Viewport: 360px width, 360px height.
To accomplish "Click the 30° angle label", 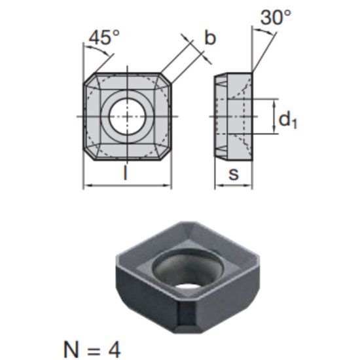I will coord(276,18).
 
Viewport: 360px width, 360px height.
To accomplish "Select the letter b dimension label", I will coord(209,38).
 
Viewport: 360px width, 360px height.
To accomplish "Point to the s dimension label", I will coord(234,173).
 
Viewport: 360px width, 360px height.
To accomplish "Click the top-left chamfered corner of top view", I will coord(88,79).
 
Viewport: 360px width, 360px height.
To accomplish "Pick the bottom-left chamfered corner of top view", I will coord(88,154).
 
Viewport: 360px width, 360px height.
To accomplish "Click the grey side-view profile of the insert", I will coord(234,117).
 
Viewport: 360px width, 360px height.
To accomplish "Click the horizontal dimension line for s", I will coord(234,186).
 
